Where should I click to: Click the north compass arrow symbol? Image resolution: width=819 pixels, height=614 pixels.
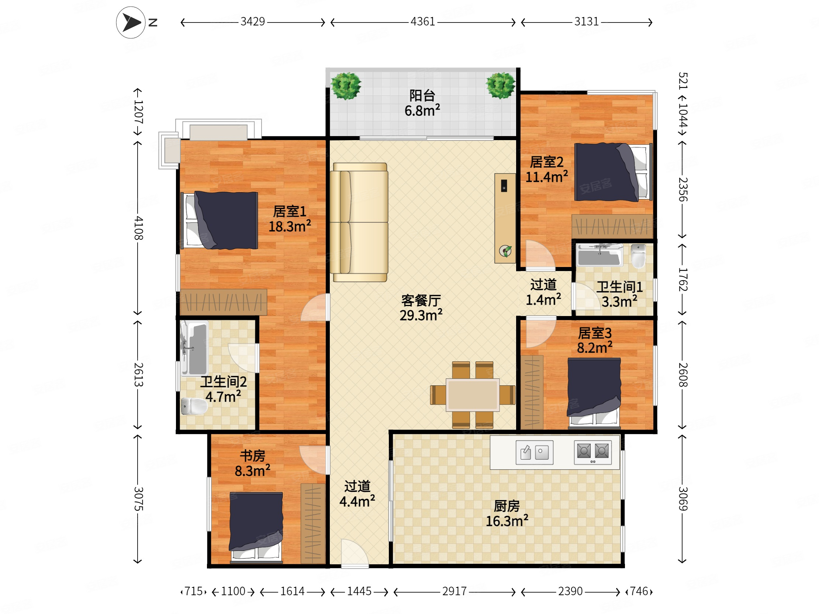(x=131, y=22)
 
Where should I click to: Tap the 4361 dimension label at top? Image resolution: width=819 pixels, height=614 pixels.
(x=422, y=22)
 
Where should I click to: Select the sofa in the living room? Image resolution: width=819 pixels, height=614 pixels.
(x=359, y=222)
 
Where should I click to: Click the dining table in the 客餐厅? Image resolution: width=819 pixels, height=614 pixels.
(x=473, y=395)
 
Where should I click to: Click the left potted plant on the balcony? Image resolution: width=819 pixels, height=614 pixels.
(x=346, y=86)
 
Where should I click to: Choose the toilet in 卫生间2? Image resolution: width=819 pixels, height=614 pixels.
(x=193, y=406)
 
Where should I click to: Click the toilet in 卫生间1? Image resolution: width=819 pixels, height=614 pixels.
(x=638, y=256)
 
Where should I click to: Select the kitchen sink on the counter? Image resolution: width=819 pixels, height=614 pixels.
(x=534, y=452)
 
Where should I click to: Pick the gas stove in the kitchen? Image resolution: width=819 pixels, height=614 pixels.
(x=592, y=452)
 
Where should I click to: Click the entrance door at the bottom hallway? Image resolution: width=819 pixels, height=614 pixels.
(x=354, y=554)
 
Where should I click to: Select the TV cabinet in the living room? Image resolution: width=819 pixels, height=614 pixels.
(x=505, y=218)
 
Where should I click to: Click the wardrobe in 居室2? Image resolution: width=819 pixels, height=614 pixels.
(x=612, y=226)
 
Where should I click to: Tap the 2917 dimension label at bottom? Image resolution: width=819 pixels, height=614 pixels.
(x=454, y=592)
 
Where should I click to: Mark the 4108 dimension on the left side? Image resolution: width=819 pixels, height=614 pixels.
(x=138, y=228)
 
